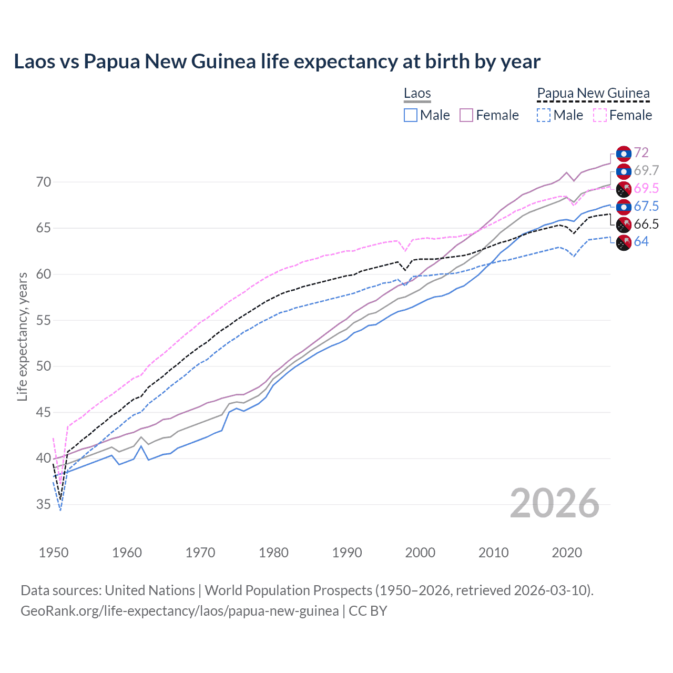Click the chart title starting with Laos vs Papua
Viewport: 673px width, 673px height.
277,62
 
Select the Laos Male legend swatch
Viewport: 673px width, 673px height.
411,115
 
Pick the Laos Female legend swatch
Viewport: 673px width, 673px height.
466,115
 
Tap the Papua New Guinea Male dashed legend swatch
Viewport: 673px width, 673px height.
544,115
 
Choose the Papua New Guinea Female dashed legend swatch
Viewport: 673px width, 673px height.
600,115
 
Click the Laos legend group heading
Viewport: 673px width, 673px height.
417,94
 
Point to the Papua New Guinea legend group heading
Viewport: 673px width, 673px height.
593,94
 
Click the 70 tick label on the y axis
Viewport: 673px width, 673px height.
44,182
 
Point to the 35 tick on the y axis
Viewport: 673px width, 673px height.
44,505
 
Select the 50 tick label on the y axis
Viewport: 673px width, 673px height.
44,366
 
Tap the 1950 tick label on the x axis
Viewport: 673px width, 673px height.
54,553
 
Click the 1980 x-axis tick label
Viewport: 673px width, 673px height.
273,553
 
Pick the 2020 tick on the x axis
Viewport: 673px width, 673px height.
566,553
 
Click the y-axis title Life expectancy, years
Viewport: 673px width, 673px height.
22,336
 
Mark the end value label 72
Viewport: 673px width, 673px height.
641,153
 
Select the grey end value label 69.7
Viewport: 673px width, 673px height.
646,171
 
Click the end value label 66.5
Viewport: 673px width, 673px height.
646,225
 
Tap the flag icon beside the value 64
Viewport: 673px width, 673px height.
624,243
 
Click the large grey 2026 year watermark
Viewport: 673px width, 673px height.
555,503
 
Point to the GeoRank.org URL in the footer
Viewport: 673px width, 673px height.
179,611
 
